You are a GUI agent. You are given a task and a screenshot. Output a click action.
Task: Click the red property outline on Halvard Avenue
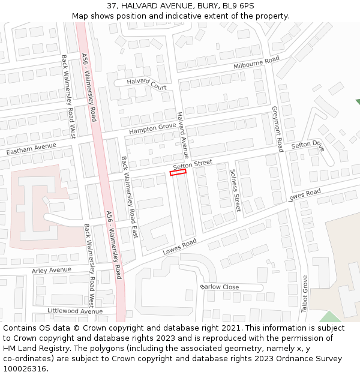[178, 173]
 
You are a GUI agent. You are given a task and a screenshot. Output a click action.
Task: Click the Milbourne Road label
[257, 62]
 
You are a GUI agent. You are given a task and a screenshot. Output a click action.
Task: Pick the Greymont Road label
[278, 129]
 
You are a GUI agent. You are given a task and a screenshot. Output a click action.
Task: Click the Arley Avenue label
[51, 271]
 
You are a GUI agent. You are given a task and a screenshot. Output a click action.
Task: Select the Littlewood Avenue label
[75, 311]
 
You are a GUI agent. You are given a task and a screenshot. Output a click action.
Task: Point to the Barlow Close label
[220, 287]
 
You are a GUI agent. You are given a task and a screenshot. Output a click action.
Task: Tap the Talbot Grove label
[305, 293]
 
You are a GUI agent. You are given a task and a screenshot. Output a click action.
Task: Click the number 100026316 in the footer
[24, 368]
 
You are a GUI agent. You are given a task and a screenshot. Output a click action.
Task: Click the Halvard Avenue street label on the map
[183, 134]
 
